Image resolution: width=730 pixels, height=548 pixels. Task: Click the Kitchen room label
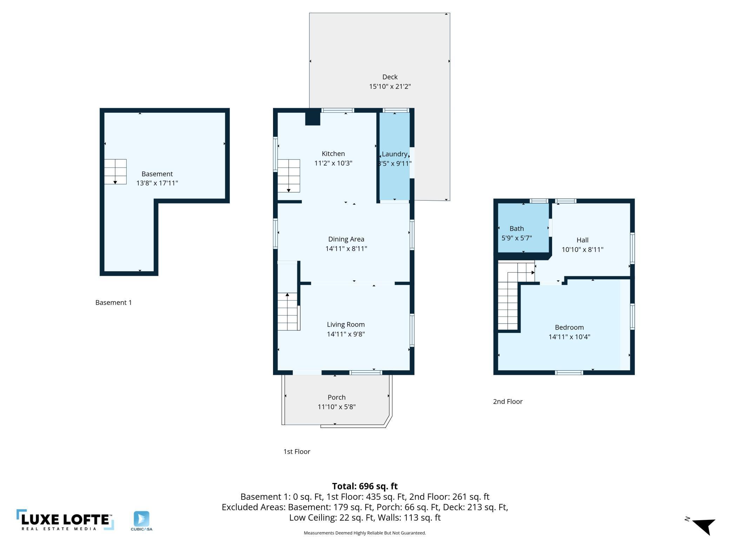pyautogui.click(x=333, y=154)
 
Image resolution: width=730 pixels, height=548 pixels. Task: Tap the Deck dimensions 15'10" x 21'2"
pyautogui.click(x=390, y=86)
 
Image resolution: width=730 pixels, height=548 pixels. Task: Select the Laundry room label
pyautogui.click(x=394, y=154)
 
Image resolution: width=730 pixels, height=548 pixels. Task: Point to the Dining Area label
pyautogui.click(x=346, y=239)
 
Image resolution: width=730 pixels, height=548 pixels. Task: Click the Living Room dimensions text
pyautogui.click(x=346, y=334)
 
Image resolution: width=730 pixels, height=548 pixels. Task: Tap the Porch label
pyautogui.click(x=337, y=397)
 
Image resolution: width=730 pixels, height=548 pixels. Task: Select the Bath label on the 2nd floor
pyautogui.click(x=517, y=229)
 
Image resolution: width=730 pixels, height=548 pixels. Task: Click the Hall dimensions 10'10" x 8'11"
pyautogui.click(x=582, y=250)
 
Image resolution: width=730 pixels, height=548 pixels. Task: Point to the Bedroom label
pyautogui.click(x=569, y=327)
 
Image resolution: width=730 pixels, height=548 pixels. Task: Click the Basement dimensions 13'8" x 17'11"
pyautogui.click(x=157, y=183)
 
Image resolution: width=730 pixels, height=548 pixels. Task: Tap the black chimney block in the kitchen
pyautogui.click(x=313, y=118)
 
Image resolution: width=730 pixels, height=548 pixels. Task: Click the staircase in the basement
pyautogui.click(x=115, y=172)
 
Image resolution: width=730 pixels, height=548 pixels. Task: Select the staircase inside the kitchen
pyautogui.click(x=288, y=176)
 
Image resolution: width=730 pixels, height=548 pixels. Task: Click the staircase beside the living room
pyautogui.click(x=288, y=312)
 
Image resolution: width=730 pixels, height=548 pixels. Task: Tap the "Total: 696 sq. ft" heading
pyautogui.click(x=365, y=486)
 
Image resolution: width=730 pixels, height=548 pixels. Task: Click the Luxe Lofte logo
pyautogui.click(x=65, y=520)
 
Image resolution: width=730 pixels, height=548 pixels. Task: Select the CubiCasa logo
pyautogui.click(x=141, y=521)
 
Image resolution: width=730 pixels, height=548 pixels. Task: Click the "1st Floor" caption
pyautogui.click(x=297, y=452)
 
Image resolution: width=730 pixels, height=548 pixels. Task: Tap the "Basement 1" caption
pyautogui.click(x=113, y=302)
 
